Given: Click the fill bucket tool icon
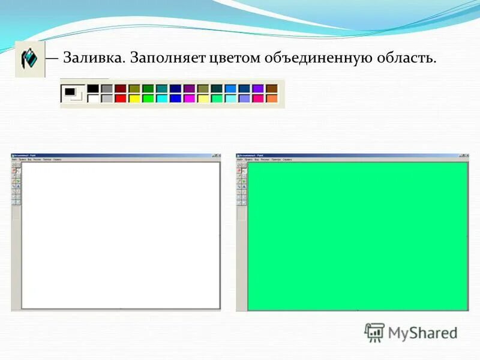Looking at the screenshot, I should [x=29, y=59].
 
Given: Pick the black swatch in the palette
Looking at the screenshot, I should [x=93, y=89].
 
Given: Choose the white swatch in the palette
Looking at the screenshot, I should [x=93, y=98].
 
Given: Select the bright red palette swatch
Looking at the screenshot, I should [x=120, y=98].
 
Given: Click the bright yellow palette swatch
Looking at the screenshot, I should [x=134, y=98].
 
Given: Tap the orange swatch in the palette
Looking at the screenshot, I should [x=272, y=98].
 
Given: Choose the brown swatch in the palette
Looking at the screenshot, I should [x=272, y=89].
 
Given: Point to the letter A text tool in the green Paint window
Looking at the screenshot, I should [x=244, y=187].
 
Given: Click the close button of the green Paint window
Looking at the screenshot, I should [x=464, y=155].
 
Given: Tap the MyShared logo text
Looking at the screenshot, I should [x=422, y=333].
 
